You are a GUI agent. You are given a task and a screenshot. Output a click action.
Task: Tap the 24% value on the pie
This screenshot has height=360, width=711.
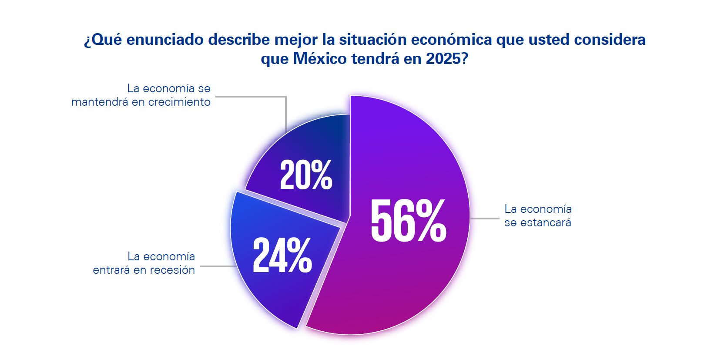(282, 256)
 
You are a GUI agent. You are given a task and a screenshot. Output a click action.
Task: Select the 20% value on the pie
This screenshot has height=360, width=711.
(306, 175)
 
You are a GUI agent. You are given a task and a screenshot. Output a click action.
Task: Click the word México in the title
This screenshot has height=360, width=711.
(319, 59)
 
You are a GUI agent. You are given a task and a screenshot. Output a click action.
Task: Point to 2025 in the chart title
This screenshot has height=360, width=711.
(443, 59)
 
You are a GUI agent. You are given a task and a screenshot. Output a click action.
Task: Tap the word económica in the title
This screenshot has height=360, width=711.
(451, 40)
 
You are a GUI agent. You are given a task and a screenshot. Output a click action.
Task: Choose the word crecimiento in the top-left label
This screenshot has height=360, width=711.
(179, 102)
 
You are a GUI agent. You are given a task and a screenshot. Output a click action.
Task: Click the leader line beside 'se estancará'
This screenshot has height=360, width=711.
(485, 219)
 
